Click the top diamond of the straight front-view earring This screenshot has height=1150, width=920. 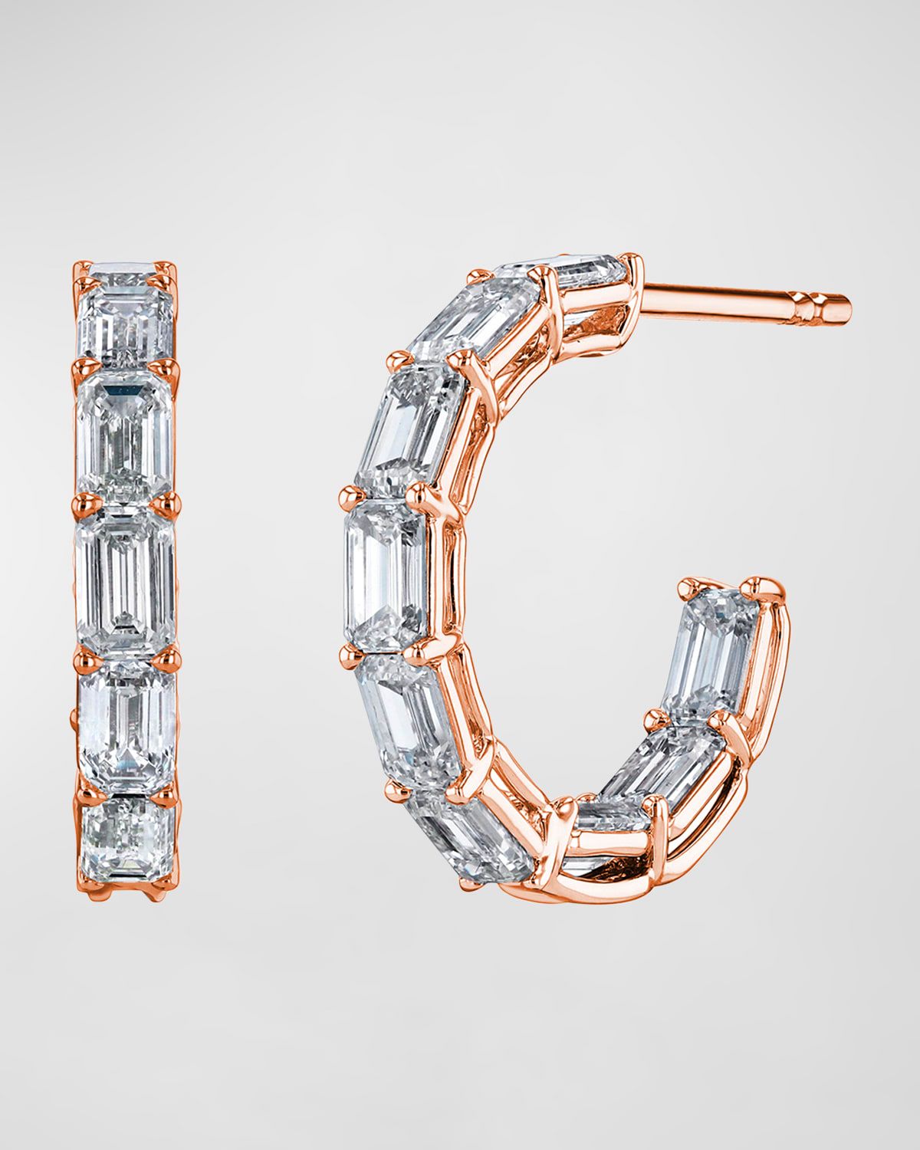tap(127, 318)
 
